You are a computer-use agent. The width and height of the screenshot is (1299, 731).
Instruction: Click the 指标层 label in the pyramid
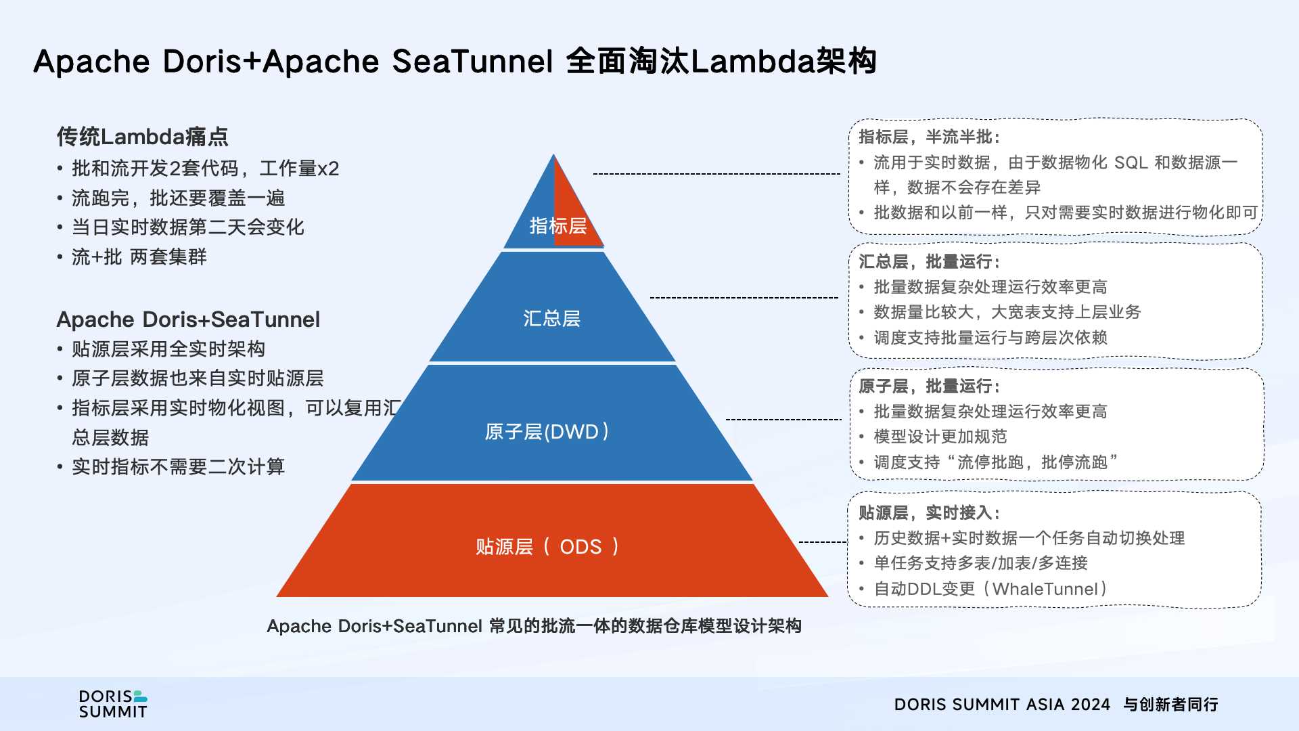click(557, 226)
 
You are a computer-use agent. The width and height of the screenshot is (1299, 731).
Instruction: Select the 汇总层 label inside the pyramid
click(551, 318)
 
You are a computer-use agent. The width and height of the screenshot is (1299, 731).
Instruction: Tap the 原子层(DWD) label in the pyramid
click(547, 432)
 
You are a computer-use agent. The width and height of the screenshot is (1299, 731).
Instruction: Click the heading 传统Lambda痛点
click(142, 137)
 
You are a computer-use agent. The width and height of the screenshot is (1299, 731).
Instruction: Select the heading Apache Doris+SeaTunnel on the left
click(188, 319)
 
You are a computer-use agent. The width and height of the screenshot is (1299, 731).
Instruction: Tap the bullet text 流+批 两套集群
click(139, 257)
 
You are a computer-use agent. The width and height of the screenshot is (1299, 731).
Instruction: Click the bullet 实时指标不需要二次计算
click(178, 467)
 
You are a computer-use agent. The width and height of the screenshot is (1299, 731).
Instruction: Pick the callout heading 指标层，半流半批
click(929, 137)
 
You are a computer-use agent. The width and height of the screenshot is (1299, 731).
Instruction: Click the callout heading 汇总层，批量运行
click(929, 262)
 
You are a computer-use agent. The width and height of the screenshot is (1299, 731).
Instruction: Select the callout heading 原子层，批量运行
click(929, 386)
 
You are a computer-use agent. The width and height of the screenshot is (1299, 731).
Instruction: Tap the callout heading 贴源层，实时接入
click(929, 513)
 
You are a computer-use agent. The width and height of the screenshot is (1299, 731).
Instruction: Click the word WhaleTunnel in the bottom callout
click(1045, 590)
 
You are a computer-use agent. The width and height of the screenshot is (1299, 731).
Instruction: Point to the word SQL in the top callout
click(1131, 163)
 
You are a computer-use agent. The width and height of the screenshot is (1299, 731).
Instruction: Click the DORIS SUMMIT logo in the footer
click(113, 704)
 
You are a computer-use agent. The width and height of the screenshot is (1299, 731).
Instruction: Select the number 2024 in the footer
click(1091, 705)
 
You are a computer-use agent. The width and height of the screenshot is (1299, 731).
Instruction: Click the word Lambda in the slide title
click(752, 62)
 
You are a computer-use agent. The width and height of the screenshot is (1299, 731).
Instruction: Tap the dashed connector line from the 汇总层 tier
click(744, 297)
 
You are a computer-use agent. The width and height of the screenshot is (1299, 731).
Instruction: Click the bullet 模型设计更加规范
click(940, 437)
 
